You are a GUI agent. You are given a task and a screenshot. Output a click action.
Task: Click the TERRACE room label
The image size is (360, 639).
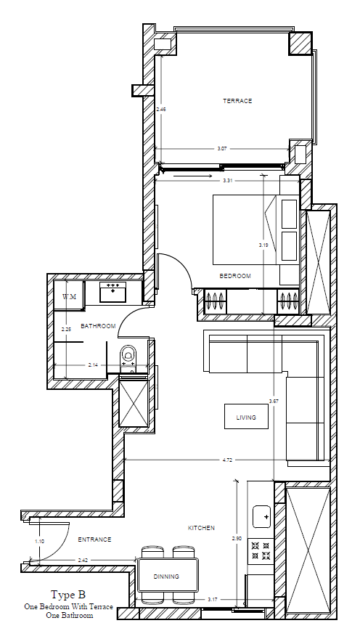237,101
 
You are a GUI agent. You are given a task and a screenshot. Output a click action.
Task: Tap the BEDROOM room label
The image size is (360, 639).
235,276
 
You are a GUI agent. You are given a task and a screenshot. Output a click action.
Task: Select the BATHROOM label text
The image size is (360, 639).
98,326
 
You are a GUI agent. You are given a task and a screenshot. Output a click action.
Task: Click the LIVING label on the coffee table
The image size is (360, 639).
246,418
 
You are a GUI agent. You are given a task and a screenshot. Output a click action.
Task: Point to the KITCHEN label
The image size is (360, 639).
201,528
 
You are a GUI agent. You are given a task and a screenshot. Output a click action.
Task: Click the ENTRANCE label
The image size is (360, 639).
94,539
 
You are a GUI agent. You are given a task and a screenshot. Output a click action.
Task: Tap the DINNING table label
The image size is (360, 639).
166,577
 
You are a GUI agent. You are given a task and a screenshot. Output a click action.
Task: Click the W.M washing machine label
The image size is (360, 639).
69,297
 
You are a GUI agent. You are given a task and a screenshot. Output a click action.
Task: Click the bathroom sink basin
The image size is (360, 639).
112,292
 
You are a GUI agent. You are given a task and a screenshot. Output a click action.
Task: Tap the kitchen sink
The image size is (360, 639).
261,518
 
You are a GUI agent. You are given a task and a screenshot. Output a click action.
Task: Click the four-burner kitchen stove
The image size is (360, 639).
260,549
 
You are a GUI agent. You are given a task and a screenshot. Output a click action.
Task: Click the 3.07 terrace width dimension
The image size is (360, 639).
222,148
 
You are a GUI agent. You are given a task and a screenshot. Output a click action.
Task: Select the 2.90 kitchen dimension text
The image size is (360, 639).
237,538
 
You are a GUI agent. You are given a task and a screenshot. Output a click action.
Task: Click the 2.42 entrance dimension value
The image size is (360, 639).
83,560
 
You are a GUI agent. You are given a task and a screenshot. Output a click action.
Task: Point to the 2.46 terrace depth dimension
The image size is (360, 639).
161,109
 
